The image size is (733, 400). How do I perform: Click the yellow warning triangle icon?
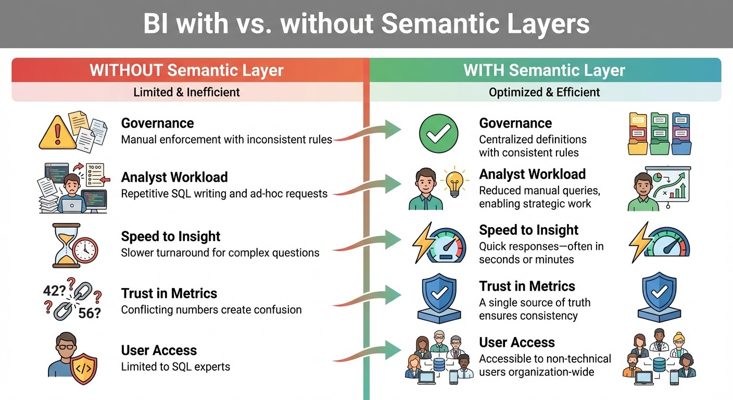click(x=58, y=133)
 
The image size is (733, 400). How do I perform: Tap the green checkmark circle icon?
click(x=438, y=133)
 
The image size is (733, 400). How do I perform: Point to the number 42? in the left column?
click(x=54, y=291)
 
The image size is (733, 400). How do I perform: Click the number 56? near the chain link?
click(x=89, y=312)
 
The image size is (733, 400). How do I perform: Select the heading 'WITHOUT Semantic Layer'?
click(x=186, y=70)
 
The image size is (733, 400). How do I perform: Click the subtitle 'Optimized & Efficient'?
click(x=544, y=92)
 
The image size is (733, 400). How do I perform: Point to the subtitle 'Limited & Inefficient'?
click(x=186, y=92)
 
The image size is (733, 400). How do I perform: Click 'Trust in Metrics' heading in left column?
click(x=169, y=293)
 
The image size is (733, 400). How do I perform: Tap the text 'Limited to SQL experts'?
click(x=175, y=367)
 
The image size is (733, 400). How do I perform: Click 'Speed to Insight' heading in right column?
click(x=528, y=230)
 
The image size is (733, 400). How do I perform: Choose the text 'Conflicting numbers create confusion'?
click(x=211, y=309)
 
